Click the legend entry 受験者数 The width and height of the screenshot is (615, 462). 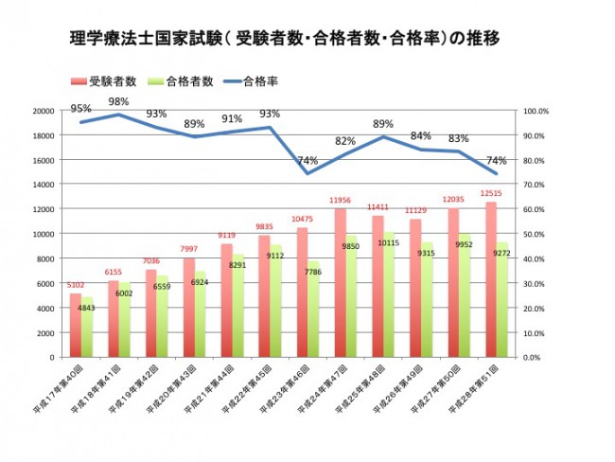coord(112,80)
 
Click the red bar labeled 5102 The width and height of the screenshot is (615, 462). coord(76,326)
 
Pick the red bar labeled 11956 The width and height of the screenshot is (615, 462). coord(340,284)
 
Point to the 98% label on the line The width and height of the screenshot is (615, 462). coord(118,101)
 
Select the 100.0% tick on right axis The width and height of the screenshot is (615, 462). coord(536,111)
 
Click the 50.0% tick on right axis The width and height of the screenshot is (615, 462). coord(536,234)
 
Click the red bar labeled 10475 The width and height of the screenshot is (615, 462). coord(302,293)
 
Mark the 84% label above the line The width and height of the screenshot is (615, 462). coord(421,135)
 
